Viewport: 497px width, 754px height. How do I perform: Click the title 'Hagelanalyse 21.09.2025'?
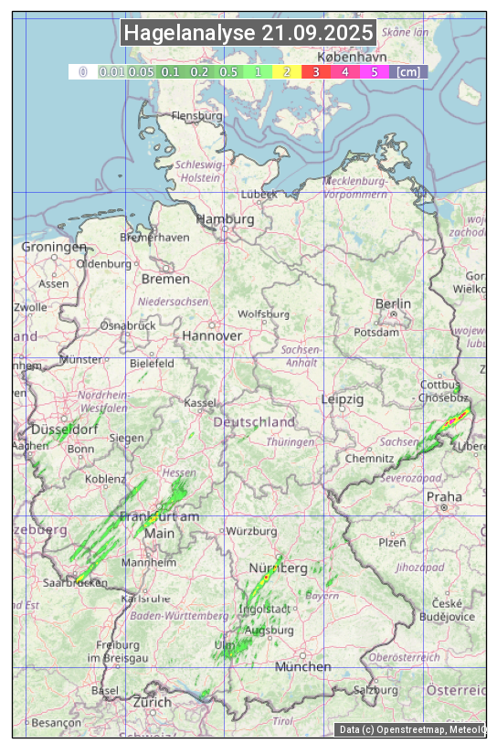(248, 33)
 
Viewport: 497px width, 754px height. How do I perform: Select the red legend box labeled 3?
(315, 71)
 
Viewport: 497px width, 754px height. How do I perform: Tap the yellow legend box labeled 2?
(287, 71)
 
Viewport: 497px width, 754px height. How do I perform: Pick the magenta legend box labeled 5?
(374, 71)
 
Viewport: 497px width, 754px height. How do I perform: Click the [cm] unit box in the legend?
(407, 71)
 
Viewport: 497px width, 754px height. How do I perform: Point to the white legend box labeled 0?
(82, 71)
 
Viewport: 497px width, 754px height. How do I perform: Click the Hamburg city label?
(225, 219)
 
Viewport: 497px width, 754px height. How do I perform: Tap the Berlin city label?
(393, 303)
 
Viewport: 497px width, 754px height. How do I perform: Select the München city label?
(302, 666)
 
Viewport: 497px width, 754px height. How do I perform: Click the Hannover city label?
(212, 335)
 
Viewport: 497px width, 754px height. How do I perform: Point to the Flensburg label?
(196, 116)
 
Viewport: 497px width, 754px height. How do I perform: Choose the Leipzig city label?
(343, 399)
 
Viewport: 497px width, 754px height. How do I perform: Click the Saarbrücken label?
(75, 582)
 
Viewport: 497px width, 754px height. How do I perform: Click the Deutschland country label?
(254, 422)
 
